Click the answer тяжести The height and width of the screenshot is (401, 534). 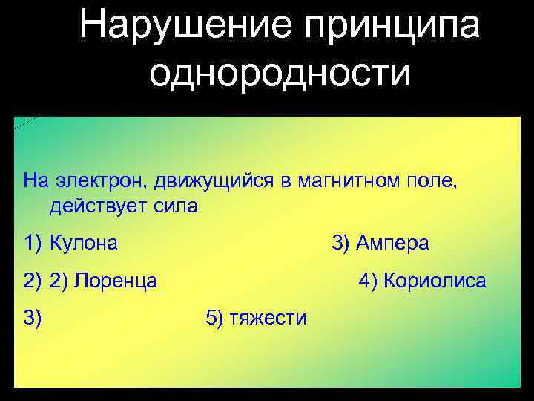point(268,319)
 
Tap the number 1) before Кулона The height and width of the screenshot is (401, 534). point(33,244)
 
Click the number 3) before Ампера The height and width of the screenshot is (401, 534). point(342,244)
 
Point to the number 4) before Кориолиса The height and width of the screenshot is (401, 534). point(368,281)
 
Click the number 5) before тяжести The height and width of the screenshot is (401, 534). point(212,319)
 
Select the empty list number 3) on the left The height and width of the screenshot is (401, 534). point(33,319)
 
